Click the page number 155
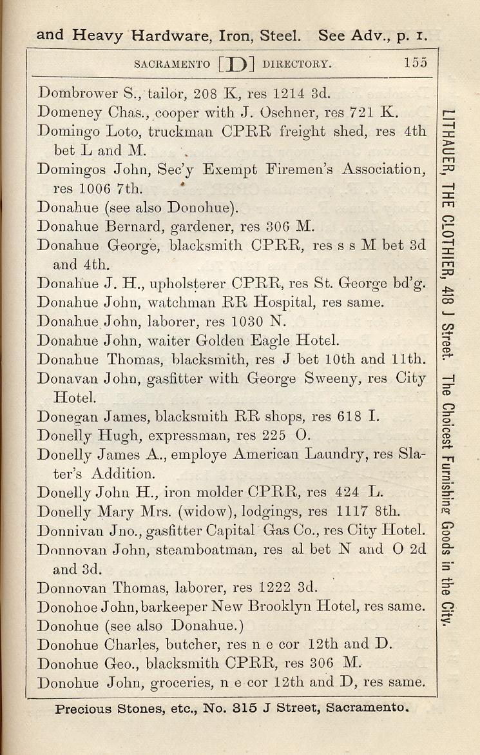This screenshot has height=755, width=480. coord(416,63)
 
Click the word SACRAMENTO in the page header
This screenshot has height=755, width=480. coord(171,64)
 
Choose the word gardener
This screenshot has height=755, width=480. coord(202,226)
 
